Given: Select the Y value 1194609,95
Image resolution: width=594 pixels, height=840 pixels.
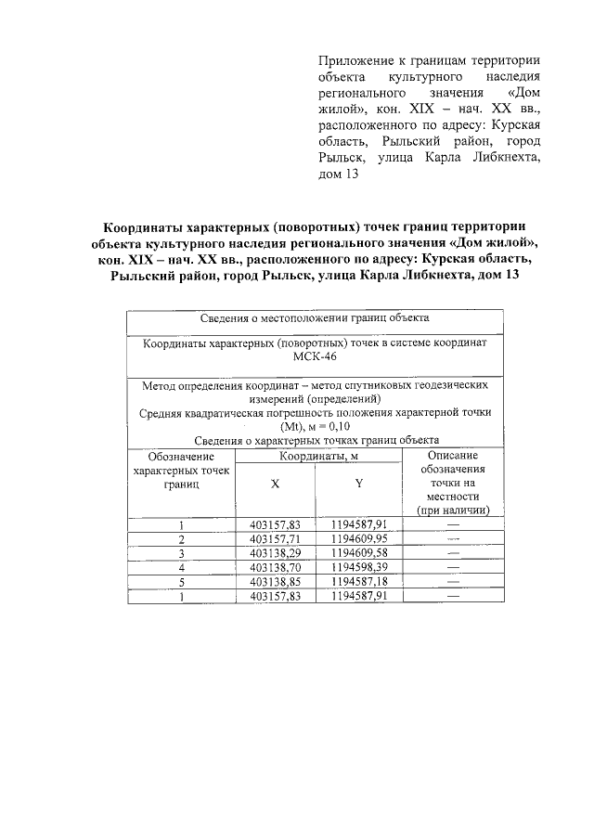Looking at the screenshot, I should coord(358,538).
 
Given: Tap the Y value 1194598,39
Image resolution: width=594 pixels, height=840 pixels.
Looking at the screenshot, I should coord(358,567).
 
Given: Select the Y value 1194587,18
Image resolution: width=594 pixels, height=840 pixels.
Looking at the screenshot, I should coord(358,582).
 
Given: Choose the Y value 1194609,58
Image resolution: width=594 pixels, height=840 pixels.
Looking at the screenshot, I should coord(358,553).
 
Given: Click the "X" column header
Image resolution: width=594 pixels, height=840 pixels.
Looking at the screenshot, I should coord(275,485).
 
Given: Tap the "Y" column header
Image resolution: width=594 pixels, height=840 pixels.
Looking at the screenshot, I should coord(358,485).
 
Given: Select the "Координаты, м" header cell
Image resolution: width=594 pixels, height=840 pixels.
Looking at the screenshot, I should coord(318,457).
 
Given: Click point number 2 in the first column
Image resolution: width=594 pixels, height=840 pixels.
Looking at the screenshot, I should coord(182,538).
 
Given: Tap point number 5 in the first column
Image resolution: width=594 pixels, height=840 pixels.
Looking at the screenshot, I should coord(182,582).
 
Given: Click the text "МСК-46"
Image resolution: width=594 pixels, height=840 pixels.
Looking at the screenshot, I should coord(315,358).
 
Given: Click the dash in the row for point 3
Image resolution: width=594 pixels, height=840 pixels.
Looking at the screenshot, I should coord(453,553).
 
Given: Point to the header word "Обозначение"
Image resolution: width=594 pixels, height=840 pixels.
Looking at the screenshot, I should coord(181,457).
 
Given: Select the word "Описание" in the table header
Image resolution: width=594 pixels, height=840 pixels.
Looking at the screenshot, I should coord(453,457).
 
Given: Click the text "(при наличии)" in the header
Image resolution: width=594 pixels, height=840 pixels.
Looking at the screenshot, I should coord(453,510).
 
